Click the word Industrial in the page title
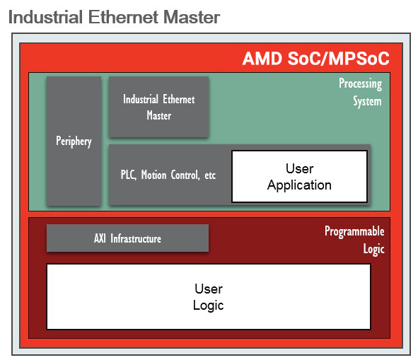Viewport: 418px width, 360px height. [x=45, y=17]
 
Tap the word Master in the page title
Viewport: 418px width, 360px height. [x=192, y=17]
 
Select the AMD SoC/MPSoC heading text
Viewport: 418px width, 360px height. [x=316, y=59]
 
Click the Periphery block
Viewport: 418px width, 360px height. [x=74, y=141]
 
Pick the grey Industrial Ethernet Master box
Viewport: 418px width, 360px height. [x=159, y=107]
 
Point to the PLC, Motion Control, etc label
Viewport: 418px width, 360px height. [x=168, y=175]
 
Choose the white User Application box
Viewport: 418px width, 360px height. [x=300, y=176]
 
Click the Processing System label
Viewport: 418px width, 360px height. [x=361, y=92]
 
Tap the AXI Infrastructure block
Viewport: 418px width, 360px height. [x=128, y=238]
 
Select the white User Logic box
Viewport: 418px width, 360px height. [x=209, y=297]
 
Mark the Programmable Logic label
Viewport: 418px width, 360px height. [x=354, y=240]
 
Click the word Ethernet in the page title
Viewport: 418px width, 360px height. [x=123, y=17]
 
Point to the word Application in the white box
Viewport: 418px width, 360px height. [x=299, y=185]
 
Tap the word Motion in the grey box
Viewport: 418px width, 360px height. [x=153, y=175]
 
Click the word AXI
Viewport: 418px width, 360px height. [x=100, y=238]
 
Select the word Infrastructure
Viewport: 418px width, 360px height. [x=136, y=238]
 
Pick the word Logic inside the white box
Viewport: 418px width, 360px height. [x=209, y=306]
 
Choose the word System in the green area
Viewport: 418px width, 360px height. [x=367, y=102]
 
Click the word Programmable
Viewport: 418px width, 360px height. [x=354, y=231]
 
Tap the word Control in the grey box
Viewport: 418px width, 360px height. [x=185, y=175]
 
